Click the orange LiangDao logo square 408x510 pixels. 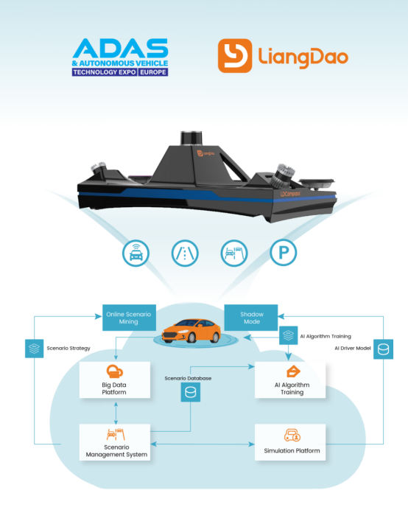click(x=235, y=55)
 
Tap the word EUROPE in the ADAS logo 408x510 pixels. click(x=152, y=72)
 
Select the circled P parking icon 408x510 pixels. click(x=283, y=252)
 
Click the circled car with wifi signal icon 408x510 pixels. click(x=136, y=253)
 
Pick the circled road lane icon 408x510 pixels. click(x=185, y=253)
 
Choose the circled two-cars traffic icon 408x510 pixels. click(x=234, y=253)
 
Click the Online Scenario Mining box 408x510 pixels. click(x=129, y=318)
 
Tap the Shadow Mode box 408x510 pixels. click(x=251, y=318)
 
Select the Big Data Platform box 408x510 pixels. click(x=115, y=380)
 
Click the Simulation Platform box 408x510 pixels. click(x=290, y=442)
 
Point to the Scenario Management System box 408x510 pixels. click(x=115, y=442)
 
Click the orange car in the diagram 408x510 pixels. click(x=191, y=331)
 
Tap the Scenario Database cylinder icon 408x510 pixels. click(x=191, y=392)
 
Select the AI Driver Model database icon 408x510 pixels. click(x=383, y=349)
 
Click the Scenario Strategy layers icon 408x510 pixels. click(x=34, y=349)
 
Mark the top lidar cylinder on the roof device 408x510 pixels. click(x=191, y=138)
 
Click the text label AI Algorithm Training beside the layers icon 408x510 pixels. click(x=326, y=336)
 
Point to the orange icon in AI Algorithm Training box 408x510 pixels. click(x=293, y=371)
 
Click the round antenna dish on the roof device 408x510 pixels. click(x=317, y=183)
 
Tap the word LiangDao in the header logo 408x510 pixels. click(x=303, y=57)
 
